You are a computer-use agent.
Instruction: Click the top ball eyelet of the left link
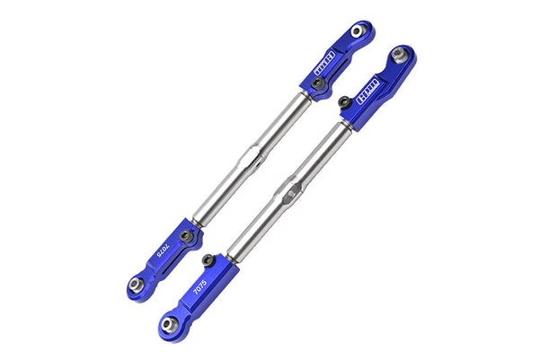[x=358, y=31]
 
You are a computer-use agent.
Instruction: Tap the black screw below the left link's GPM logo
[x=317, y=83]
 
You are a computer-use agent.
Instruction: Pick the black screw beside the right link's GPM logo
[x=345, y=102]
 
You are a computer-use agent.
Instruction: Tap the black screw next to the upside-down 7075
[x=186, y=236]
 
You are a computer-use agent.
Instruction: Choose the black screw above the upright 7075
[x=208, y=260]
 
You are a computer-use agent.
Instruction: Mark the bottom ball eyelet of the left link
[x=136, y=285]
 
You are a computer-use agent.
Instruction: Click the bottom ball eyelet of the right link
[x=170, y=320]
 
